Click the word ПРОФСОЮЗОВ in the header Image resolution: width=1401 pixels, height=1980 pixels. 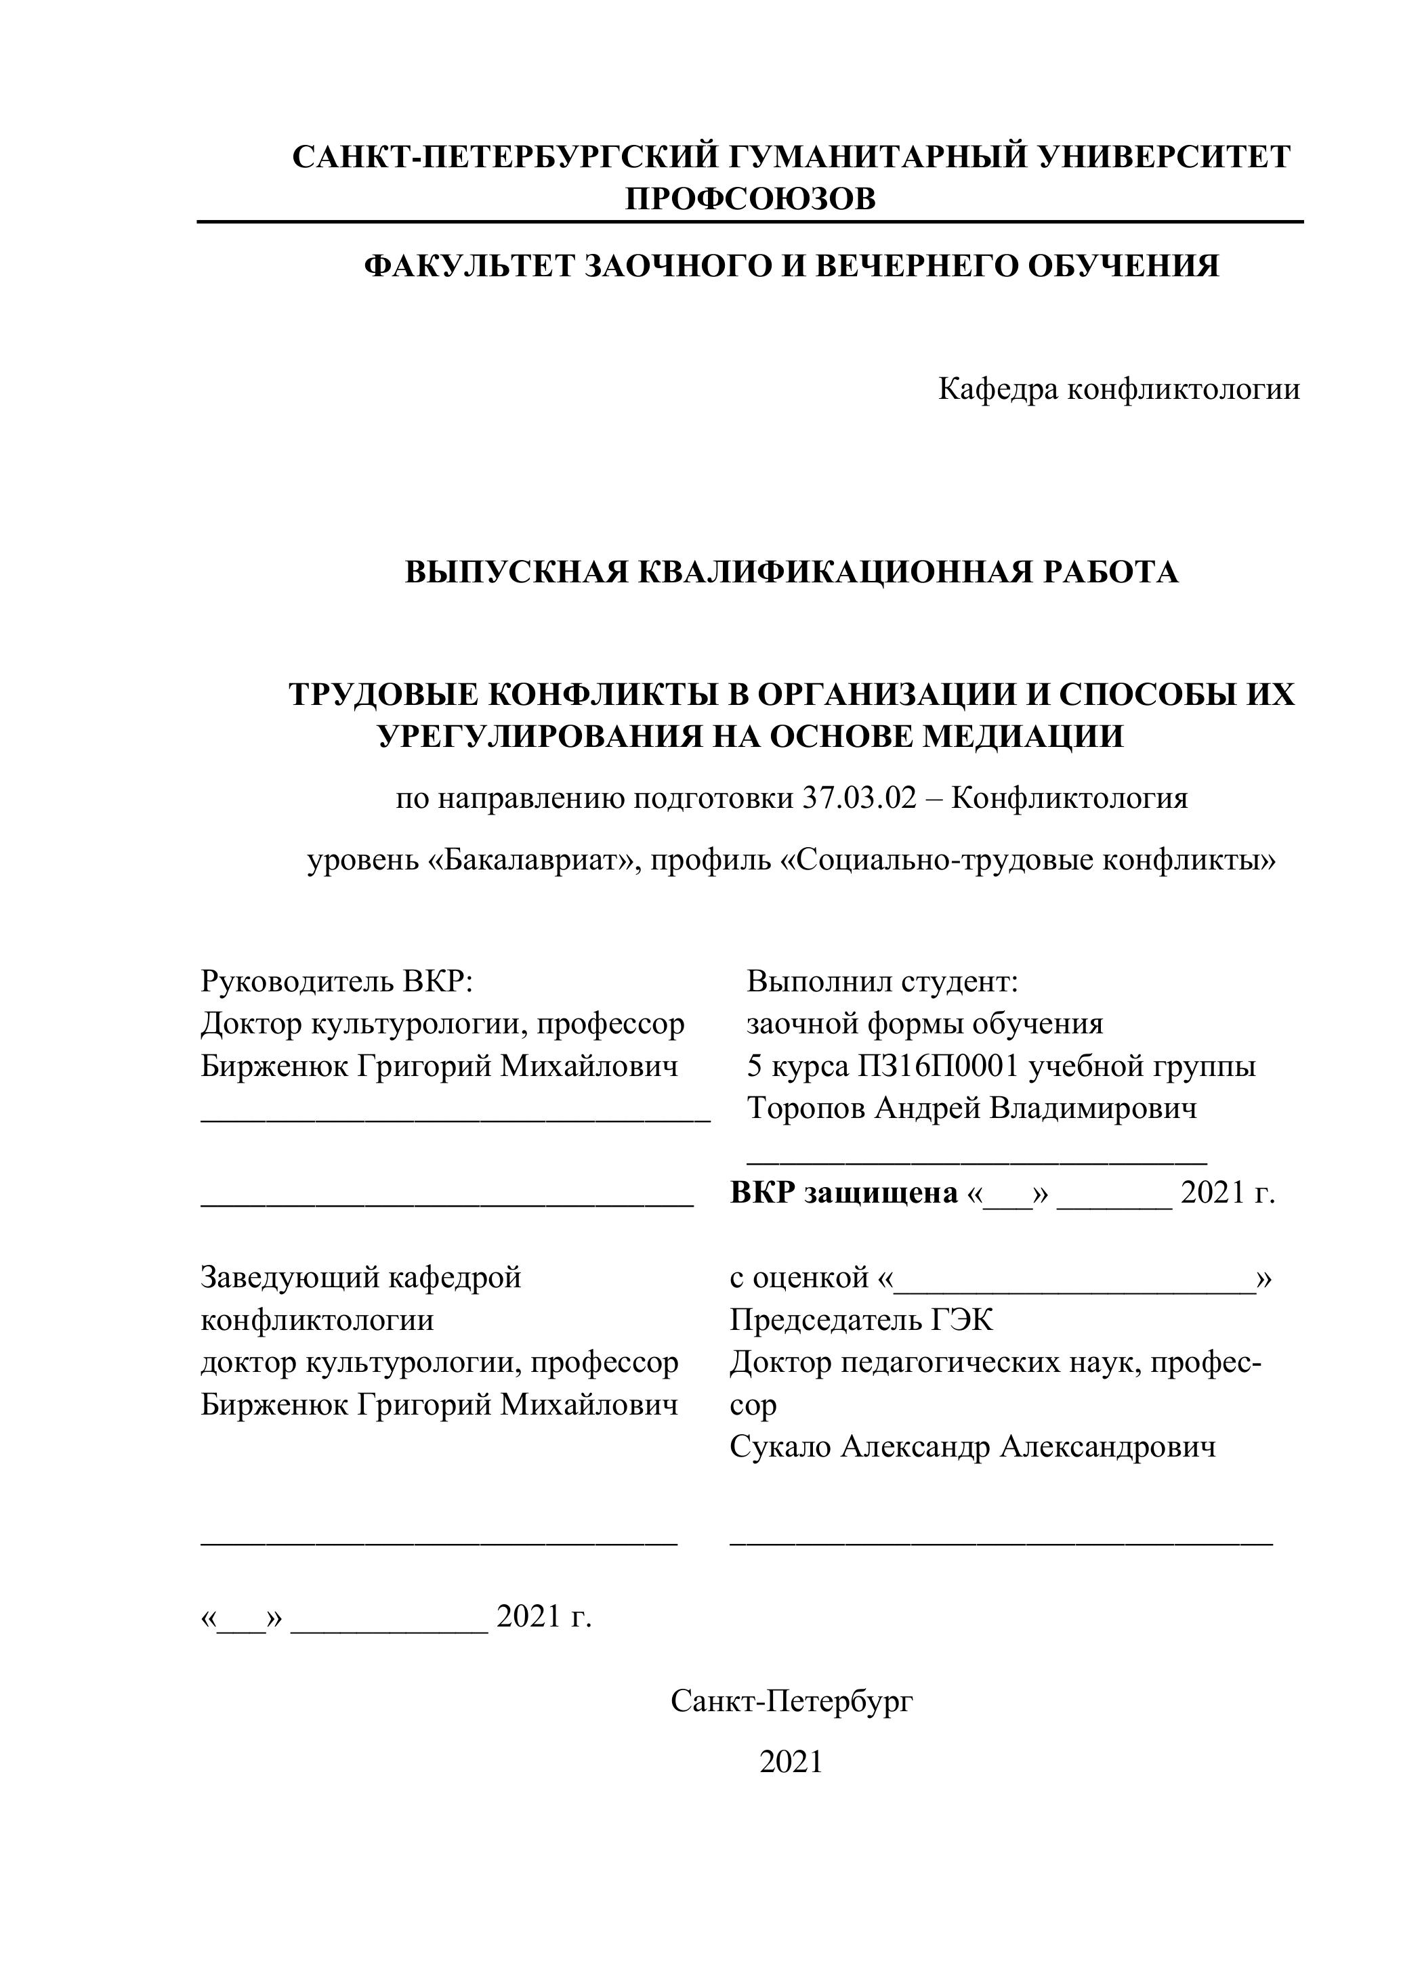coord(750,199)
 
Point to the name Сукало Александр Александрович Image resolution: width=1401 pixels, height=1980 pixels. coord(972,1446)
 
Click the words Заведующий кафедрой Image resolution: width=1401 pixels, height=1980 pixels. coord(360,1277)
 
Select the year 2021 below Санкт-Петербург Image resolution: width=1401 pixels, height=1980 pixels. coord(791,1762)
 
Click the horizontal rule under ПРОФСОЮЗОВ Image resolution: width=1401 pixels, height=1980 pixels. coord(750,223)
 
